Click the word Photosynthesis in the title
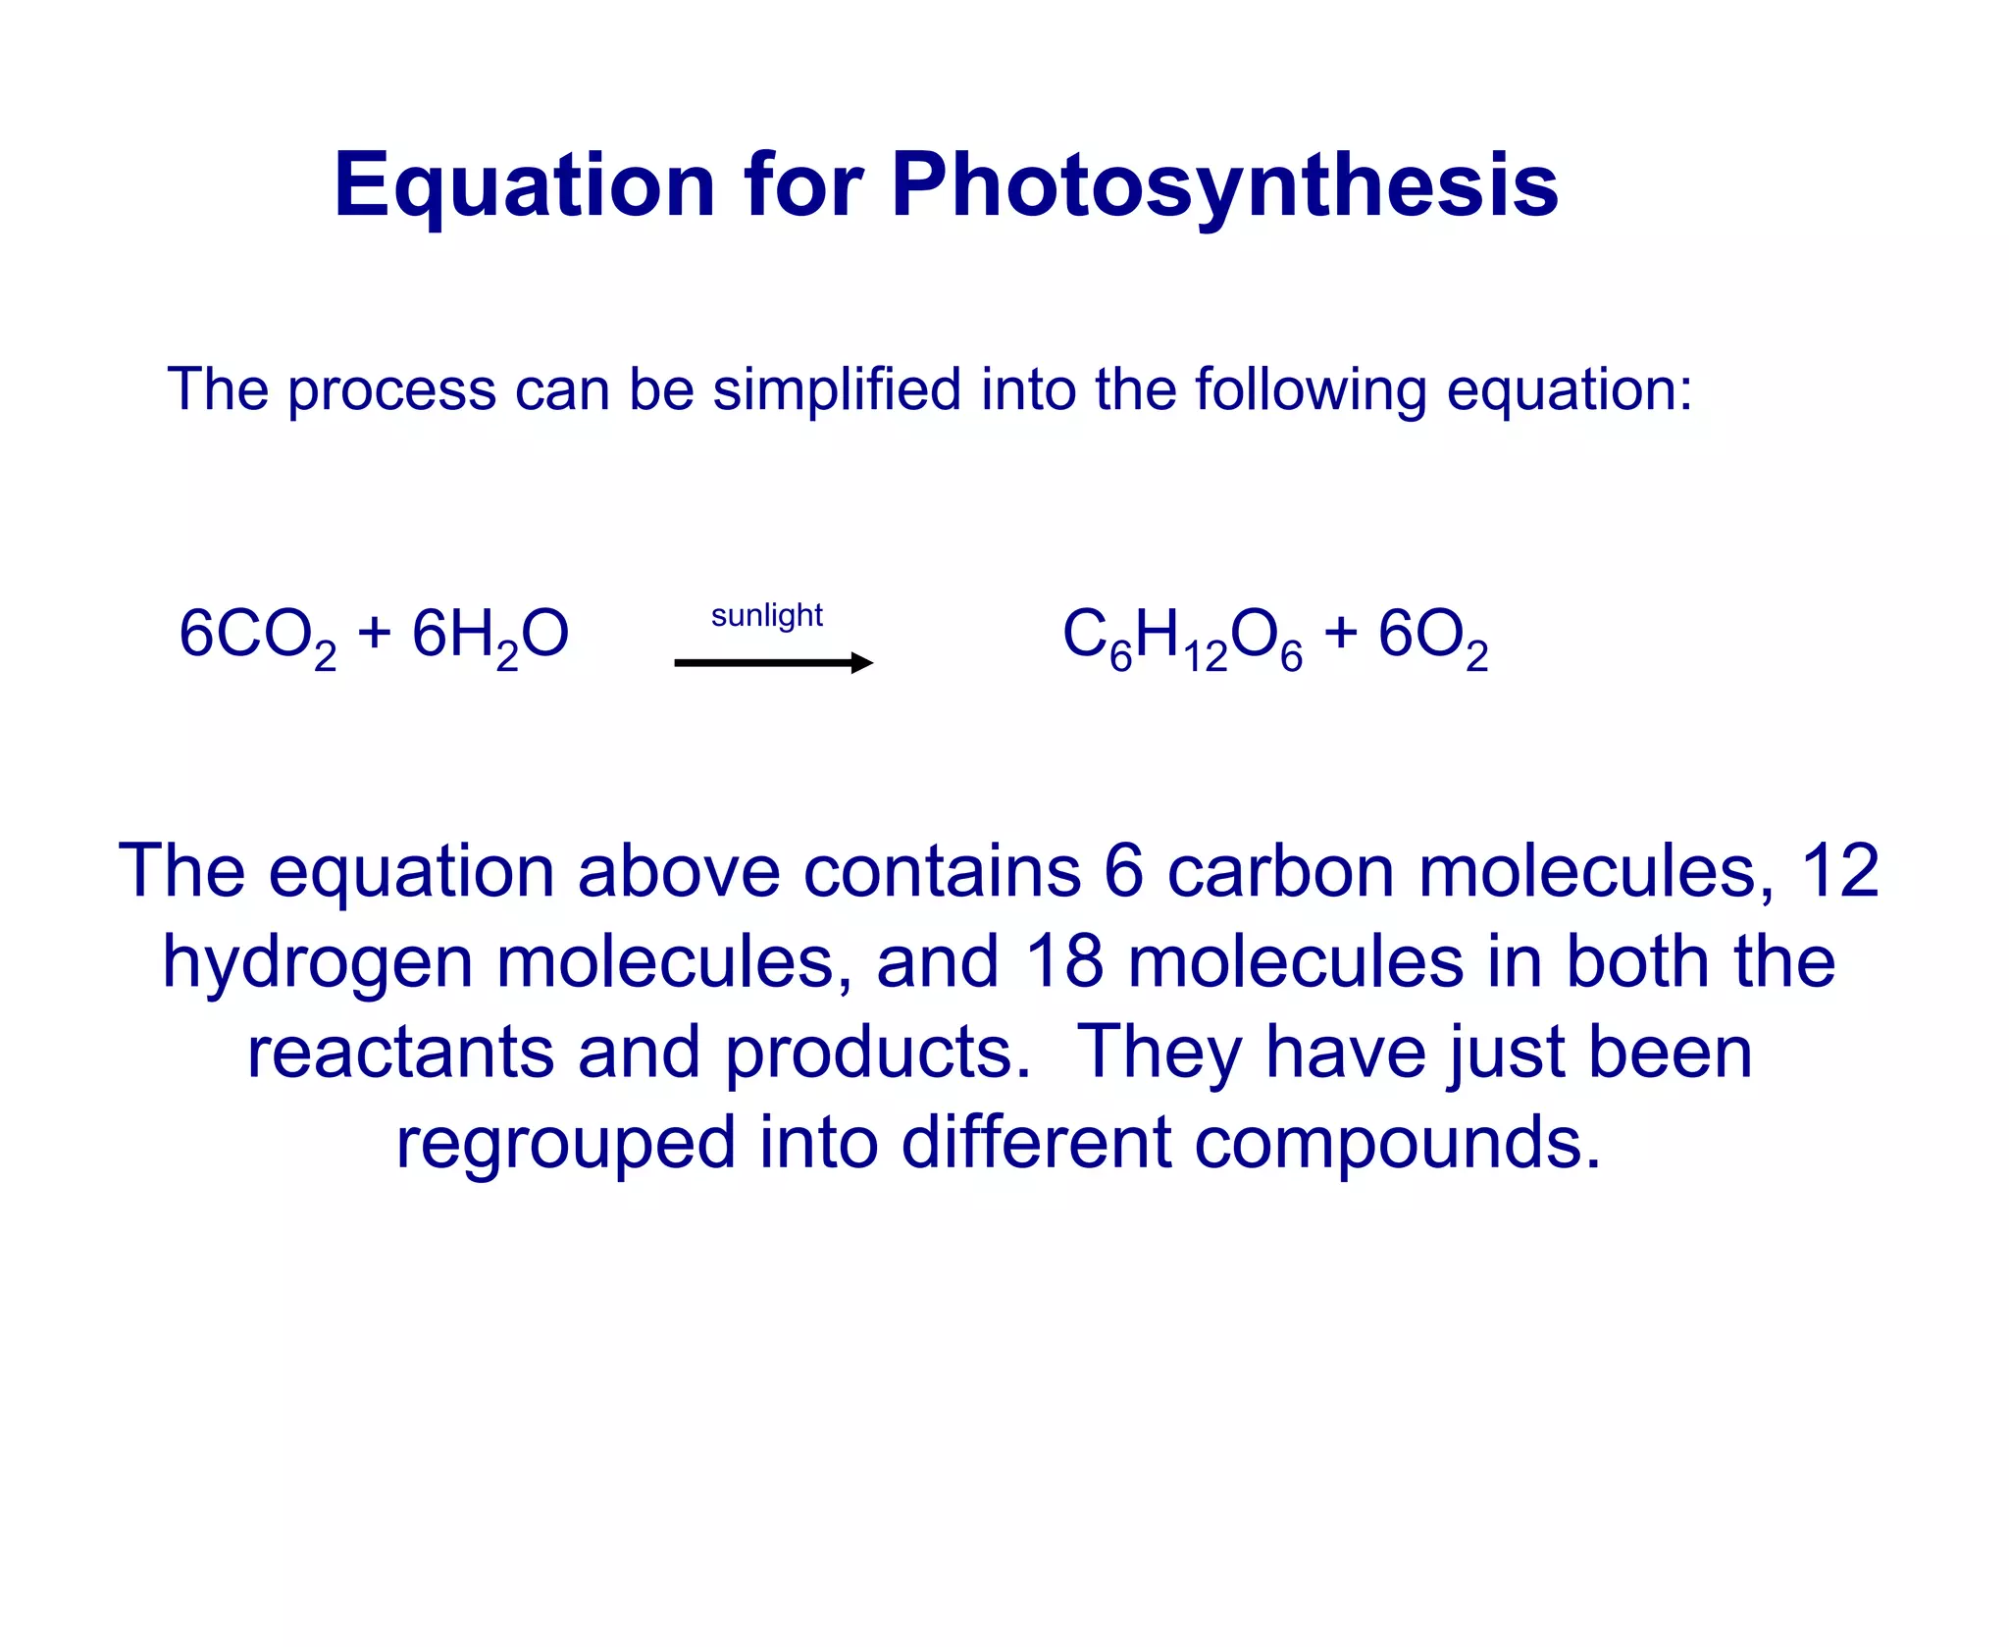click(x=1224, y=186)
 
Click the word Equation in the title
click(x=524, y=186)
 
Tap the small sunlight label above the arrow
click(x=766, y=615)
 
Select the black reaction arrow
click(x=773, y=663)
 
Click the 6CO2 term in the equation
click(x=257, y=636)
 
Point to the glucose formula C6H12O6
click(x=1182, y=636)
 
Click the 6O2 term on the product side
click(x=1432, y=636)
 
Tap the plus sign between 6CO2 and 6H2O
click(x=374, y=633)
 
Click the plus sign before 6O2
click(x=1340, y=633)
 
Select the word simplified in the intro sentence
click(x=836, y=390)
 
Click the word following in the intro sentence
click(x=1311, y=390)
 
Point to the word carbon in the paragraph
click(x=1280, y=871)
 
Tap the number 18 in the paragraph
click(x=1064, y=961)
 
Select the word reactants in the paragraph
click(x=400, y=1053)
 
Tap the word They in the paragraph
click(x=1159, y=1053)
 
